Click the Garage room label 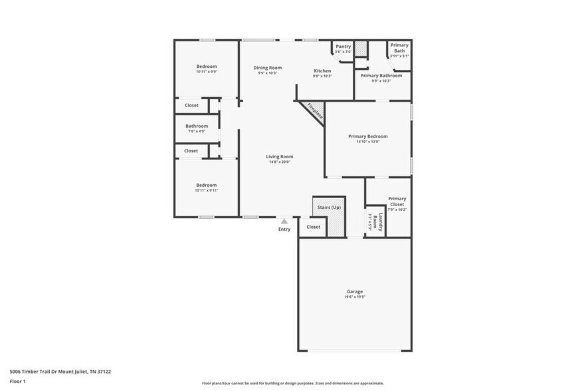354,291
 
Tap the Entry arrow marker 284,221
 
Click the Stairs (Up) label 329,207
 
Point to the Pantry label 343,46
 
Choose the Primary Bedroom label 367,136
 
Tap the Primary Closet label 397,201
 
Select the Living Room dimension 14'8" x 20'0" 280,162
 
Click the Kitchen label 322,70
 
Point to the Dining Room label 267,67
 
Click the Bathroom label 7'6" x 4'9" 197,131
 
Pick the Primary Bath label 399,48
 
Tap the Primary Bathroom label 381,76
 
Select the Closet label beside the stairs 313,227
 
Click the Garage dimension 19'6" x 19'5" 354,297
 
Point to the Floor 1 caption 17,382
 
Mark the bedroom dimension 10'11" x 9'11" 206,190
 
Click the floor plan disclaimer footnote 292,383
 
